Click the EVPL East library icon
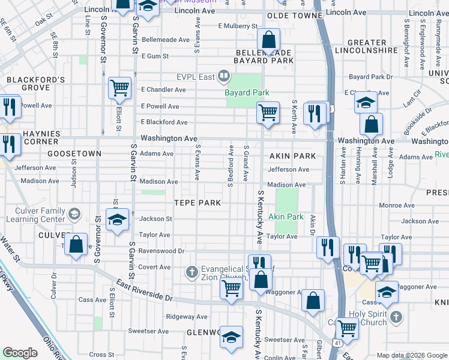(223, 76)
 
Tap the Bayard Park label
(247, 93)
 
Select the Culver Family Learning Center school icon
(74, 214)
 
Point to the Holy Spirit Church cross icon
(396, 316)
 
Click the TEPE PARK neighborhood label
(197, 203)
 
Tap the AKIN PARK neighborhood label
(293, 156)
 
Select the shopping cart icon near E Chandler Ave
(120, 88)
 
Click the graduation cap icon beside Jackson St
(117, 219)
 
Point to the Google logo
(20, 353)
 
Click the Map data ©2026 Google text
(412, 355)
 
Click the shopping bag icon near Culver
(76, 245)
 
